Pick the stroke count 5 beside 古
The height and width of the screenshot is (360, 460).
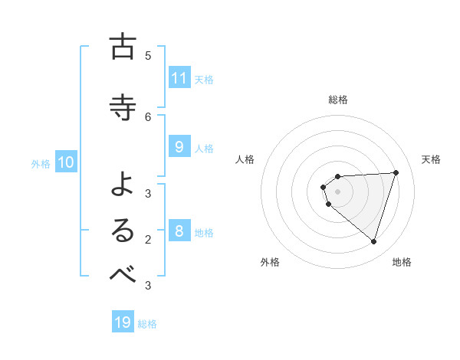pos(148,56)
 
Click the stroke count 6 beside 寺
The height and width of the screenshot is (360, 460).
pos(148,116)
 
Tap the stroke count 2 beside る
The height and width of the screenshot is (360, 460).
pos(148,240)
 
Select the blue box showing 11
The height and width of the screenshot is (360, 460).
pos(179,78)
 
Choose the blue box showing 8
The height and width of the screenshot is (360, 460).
pos(179,231)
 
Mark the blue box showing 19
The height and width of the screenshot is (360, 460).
pos(123,322)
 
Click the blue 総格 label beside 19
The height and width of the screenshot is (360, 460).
pos(147,324)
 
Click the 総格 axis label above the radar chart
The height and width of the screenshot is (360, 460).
pos(338,100)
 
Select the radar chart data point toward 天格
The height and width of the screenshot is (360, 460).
pos(396,172)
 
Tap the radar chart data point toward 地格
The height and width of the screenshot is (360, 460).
pos(373,241)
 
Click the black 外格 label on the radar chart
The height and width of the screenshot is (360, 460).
pos(270,262)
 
